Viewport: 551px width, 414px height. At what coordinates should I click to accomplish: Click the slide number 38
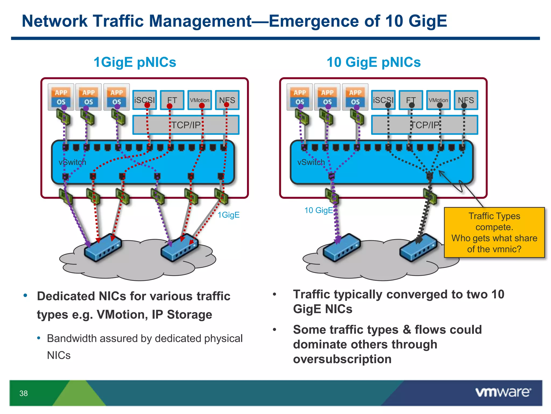(x=23, y=393)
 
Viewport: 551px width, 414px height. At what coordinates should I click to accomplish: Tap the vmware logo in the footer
(x=503, y=392)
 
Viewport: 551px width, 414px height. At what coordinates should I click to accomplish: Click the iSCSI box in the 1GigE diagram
(x=144, y=100)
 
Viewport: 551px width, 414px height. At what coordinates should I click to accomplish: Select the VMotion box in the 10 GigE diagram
(x=438, y=100)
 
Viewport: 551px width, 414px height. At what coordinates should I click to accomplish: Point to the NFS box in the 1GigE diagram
(x=227, y=100)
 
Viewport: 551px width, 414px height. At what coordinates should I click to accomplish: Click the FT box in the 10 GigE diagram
(x=411, y=100)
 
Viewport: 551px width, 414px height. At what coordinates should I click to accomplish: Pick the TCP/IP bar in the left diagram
(x=186, y=125)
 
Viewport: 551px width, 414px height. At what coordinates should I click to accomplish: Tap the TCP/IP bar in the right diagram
(x=425, y=125)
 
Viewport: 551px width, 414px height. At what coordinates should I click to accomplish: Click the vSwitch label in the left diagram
(x=72, y=162)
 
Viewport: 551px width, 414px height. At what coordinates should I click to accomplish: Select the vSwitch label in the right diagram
(x=311, y=162)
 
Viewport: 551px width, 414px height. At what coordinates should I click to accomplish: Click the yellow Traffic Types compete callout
(x=494, y=232)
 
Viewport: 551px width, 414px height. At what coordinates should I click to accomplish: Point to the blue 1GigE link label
(x=228, y=215)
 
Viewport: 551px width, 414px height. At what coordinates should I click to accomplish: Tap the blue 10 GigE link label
(x=319, y=210)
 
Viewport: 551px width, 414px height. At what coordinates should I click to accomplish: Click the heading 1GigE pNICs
(x=135, y=62)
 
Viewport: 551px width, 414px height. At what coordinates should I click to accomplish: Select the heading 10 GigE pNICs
(x=373, y=62)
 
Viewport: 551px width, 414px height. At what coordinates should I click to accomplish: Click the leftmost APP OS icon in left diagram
(x=61, y=97)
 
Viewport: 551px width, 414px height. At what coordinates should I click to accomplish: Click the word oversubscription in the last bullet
(x=342, y=359)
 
